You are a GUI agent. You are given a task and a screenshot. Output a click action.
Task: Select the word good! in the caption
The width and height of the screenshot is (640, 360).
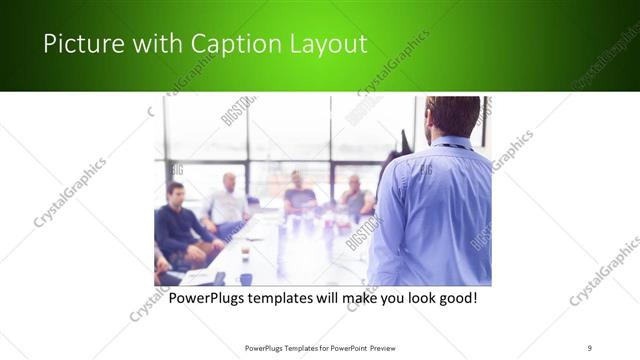click(x=455, y=298)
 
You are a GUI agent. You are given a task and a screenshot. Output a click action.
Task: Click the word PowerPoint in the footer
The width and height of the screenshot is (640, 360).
click(x=346, y=348)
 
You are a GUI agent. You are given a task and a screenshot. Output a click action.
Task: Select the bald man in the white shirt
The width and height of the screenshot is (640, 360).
click(x=228, y=201)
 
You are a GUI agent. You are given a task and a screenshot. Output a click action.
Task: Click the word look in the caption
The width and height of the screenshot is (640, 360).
click(x=412, y=298)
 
